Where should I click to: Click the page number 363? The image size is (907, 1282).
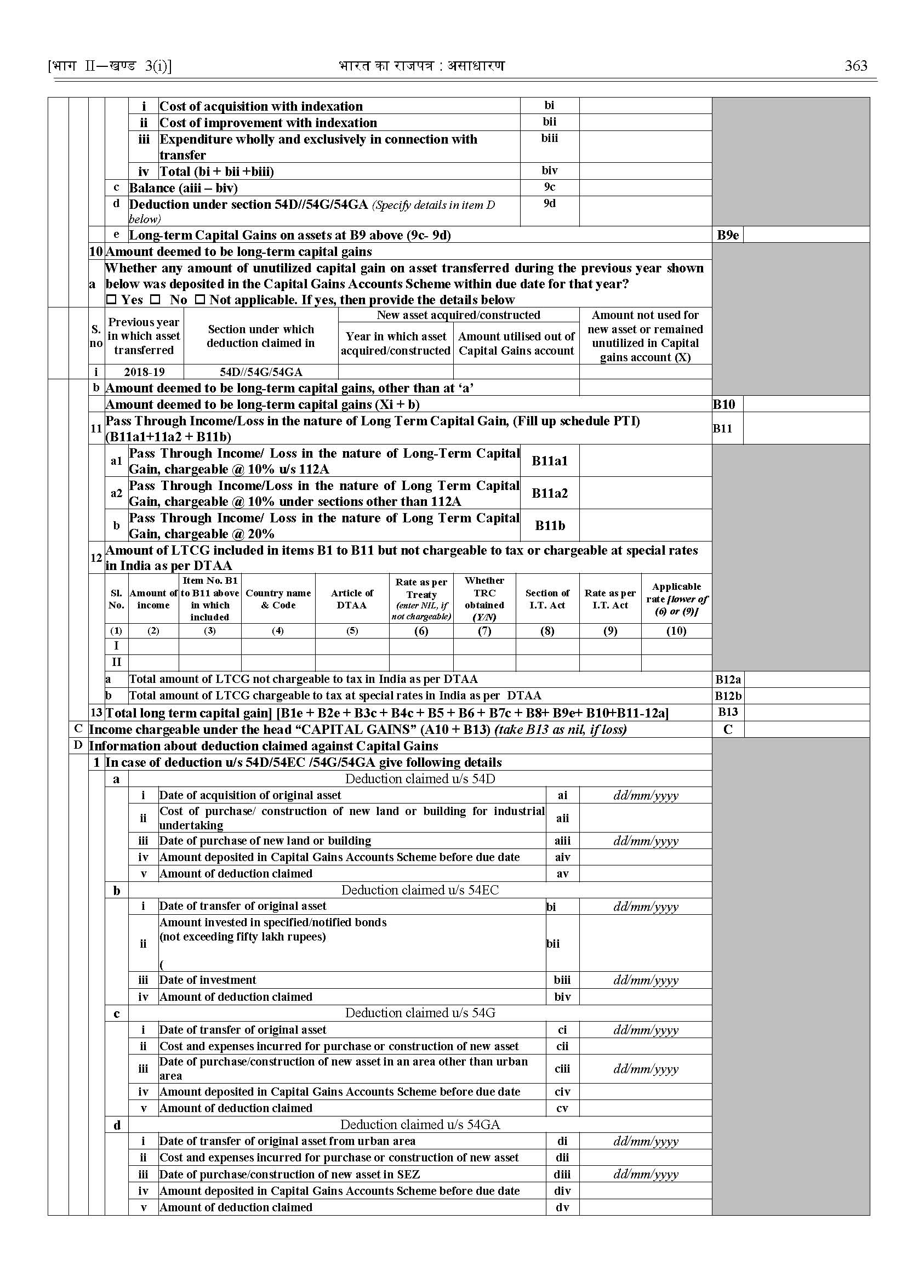pos(855,66)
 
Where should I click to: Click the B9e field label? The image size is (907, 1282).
pos(728,235)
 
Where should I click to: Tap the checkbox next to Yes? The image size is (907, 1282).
pos(112,300)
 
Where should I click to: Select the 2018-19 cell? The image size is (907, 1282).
pos(144,372)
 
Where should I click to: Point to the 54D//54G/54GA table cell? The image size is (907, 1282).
pos(261,372)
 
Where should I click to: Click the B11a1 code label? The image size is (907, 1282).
pos(550,461)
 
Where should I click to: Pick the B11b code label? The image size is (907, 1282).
pos(550,526)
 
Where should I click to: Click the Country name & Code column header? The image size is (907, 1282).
pos(278,599)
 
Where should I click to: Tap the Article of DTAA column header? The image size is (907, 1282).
pos(352,599)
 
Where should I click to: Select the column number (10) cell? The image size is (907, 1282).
pos(676,631)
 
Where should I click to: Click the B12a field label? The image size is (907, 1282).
pos(728,680)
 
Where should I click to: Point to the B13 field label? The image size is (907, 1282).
pos(728,712)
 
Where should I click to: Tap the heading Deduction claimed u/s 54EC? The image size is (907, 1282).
pos(420,890)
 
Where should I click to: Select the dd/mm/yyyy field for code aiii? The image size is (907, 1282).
pos(646,841)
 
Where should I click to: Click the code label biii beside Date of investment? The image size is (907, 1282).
pos(562,980)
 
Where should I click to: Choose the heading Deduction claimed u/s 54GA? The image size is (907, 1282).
pos(420,1125)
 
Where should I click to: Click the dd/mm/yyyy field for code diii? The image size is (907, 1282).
pos(646,1174)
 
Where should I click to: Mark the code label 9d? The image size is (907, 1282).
pos(550,204)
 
